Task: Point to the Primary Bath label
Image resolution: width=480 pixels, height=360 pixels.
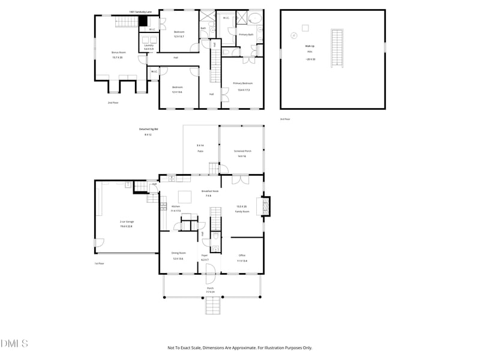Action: (x=246, y=35)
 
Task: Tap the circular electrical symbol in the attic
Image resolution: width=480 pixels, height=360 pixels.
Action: (x=293, y=35)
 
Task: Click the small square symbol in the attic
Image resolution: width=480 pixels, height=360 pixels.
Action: (x=305, y=28)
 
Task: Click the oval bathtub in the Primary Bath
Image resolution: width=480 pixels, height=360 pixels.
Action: (x=254, y=18)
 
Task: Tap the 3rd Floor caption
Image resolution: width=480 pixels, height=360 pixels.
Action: (x=285, y=119)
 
